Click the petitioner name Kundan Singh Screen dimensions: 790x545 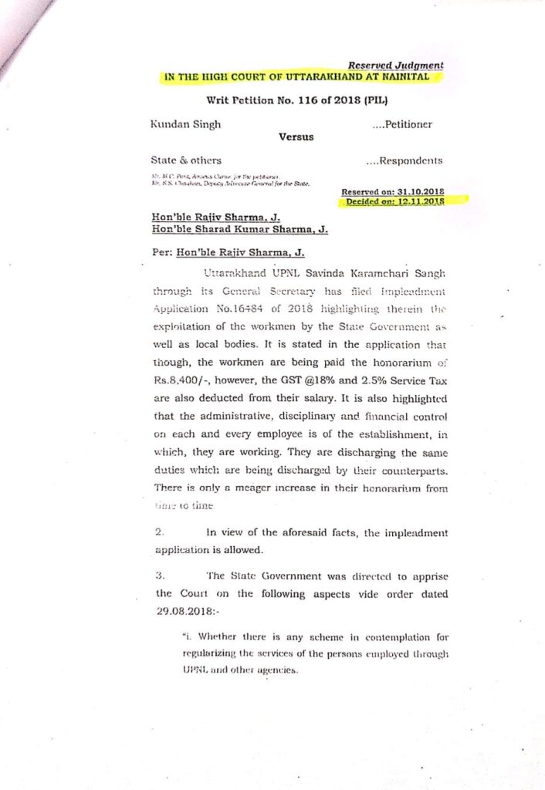tap(186, 123)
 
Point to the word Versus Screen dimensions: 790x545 tap(296, 137)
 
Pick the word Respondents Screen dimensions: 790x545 tap(412, 160)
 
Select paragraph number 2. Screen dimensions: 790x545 tap(158, 532)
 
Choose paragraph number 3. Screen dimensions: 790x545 tap(158, 576)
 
